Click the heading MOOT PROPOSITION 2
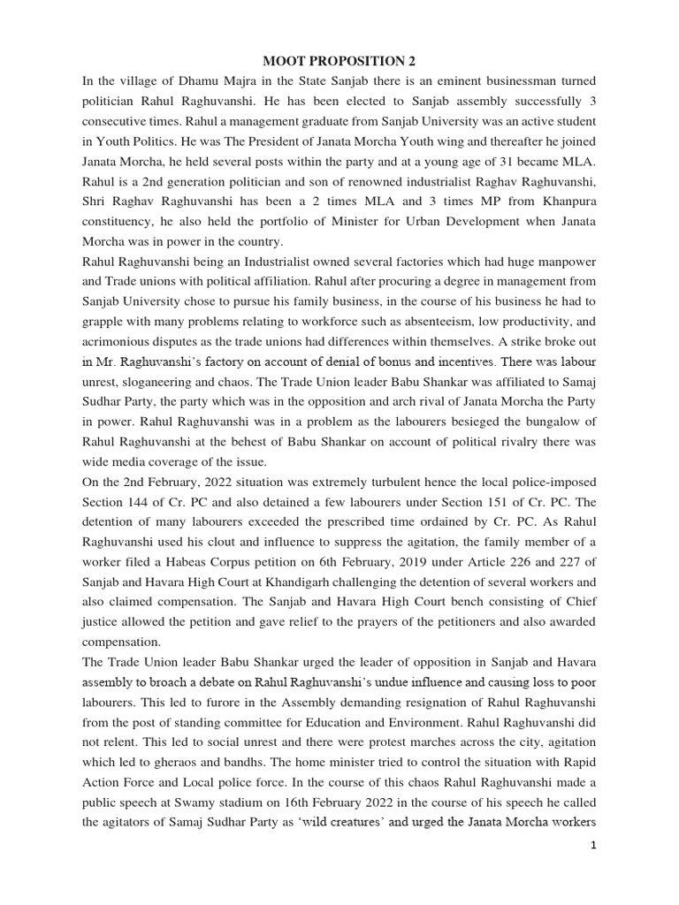click(339, 61)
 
